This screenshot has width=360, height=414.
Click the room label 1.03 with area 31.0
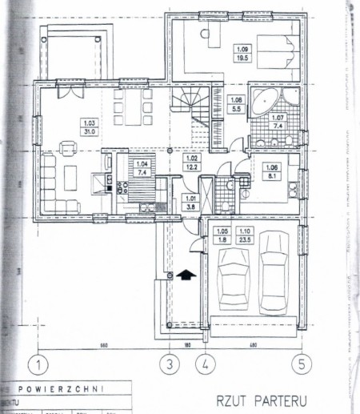point(90,126)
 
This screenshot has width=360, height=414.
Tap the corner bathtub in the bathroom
point(263,102)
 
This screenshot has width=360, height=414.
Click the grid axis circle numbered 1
point(36,364)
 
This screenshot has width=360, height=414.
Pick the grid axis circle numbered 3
point(169,364)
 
